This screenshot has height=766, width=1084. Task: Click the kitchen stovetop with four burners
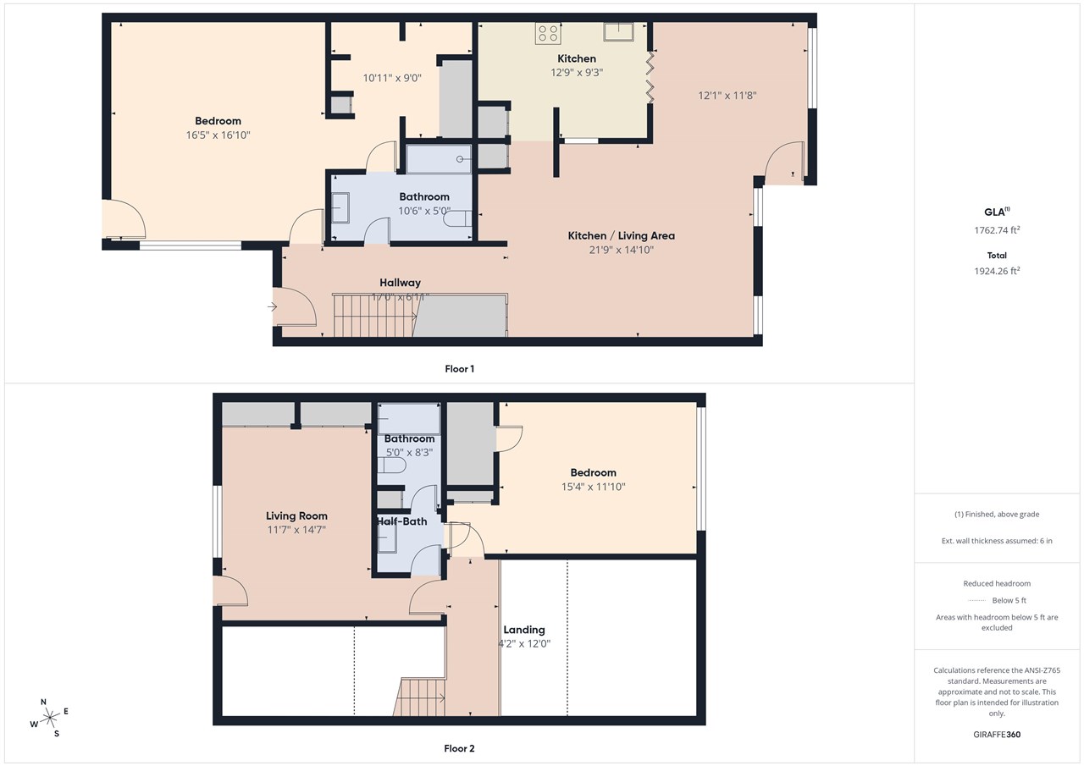(547, 33)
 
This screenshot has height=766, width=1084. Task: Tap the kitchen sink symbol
(620, 32)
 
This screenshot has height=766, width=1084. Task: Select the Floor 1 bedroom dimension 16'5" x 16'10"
(218, 135)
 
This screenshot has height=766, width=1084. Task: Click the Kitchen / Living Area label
(621, 235)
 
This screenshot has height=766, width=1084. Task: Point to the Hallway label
(400, 283)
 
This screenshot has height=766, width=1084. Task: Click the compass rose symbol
(51, 717)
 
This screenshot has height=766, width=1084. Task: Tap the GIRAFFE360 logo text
(997, 735)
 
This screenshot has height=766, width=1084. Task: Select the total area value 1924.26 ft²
(997, 271)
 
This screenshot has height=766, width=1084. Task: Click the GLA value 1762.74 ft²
(997, 229)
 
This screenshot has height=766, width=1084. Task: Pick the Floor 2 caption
(459, 748)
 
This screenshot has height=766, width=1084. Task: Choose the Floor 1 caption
(459, 369)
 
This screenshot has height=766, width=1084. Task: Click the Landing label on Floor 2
(523, 630)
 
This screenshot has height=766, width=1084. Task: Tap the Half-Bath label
(402, 521)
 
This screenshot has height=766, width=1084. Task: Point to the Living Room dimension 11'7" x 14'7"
(296, 529)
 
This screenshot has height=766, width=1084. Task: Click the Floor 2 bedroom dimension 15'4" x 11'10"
(593, 487)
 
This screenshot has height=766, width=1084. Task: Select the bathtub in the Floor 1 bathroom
(439, 158)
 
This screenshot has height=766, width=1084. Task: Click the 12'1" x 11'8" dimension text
(727, 96)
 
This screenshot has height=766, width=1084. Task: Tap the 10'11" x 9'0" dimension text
(392, 78)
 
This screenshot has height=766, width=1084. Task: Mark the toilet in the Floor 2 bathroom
(392, 465)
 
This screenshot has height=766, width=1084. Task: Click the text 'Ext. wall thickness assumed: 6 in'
(997, 541)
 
